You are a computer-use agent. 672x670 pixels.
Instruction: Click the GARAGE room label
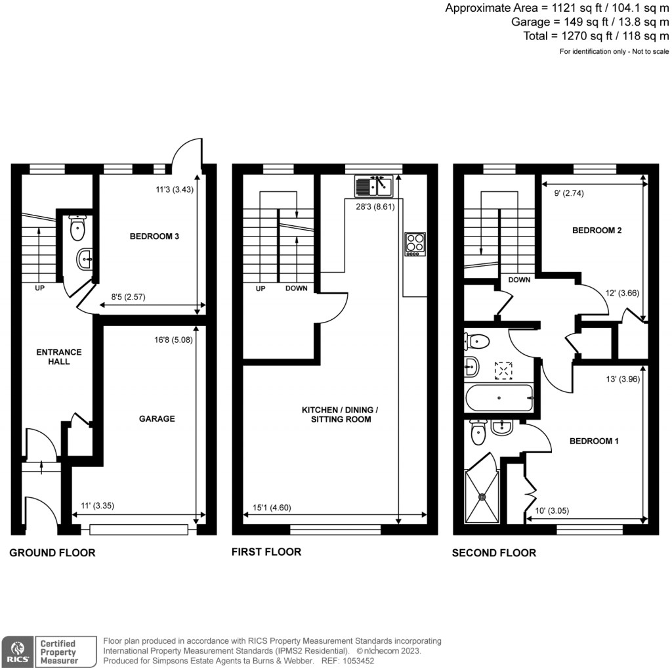[156, 418]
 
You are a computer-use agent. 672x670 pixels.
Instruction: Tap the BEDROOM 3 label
[155, 237]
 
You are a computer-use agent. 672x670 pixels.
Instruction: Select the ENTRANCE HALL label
[53, 356]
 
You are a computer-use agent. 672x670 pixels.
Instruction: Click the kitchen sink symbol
[373, 186]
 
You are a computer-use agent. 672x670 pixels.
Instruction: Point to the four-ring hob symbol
[415, 243]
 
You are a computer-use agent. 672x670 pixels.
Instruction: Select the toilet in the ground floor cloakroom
[77, 230]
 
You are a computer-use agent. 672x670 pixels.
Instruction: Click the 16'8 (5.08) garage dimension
[168, 340]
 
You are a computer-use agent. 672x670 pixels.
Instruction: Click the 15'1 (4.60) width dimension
[272, 506]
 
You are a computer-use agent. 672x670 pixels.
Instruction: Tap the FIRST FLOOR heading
[266, 552]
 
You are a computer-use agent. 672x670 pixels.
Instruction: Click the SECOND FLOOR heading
[493, 552]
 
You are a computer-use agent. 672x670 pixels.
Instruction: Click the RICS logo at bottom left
[16, 652]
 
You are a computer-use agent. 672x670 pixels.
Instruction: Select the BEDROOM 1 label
[595, 441]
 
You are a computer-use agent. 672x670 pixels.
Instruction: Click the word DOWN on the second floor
[519, 279]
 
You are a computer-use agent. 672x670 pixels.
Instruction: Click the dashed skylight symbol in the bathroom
[504, 370]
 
